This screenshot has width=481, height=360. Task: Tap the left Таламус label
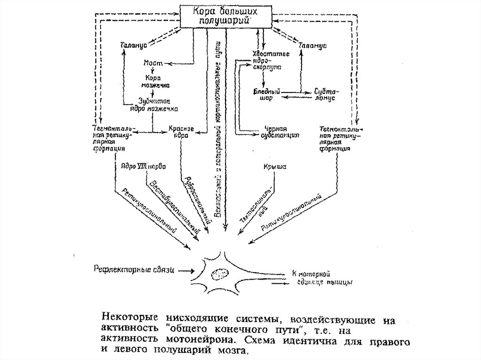click(x=134, y=44)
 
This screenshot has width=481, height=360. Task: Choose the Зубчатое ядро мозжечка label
click(x=154, y=104)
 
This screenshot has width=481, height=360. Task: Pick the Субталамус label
click(x=322, y=96)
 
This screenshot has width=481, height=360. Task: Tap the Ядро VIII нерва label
click(x=143, y=166)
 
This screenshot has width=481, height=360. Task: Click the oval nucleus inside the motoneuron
click(x=219, y=273)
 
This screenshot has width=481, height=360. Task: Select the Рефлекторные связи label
click(x=134, y=270)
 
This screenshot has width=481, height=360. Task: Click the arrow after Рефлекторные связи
click(x=185, y=270)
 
